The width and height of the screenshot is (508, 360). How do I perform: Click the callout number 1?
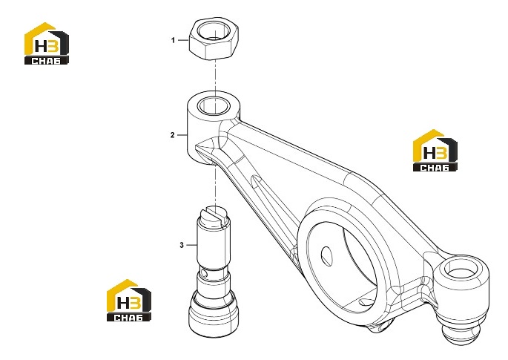tap(173, 40)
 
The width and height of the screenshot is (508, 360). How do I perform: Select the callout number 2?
tap(173, 135)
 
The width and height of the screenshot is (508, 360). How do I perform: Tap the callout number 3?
tap(182, 245)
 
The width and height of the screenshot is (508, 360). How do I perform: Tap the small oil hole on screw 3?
tap(203, 272)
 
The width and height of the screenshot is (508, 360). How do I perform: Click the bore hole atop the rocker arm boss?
tap(214, 105)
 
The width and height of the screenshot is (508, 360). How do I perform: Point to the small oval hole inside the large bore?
tap(327, 256)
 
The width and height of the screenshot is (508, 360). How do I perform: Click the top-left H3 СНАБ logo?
tap(47, 43)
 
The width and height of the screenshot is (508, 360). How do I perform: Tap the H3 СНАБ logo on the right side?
tap(435, 150)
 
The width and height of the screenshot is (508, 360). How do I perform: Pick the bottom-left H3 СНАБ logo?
tap(129, 301)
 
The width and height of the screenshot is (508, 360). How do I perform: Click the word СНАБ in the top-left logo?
tap(46, 60)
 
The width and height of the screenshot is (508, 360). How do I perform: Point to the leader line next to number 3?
tap(191, 245)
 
